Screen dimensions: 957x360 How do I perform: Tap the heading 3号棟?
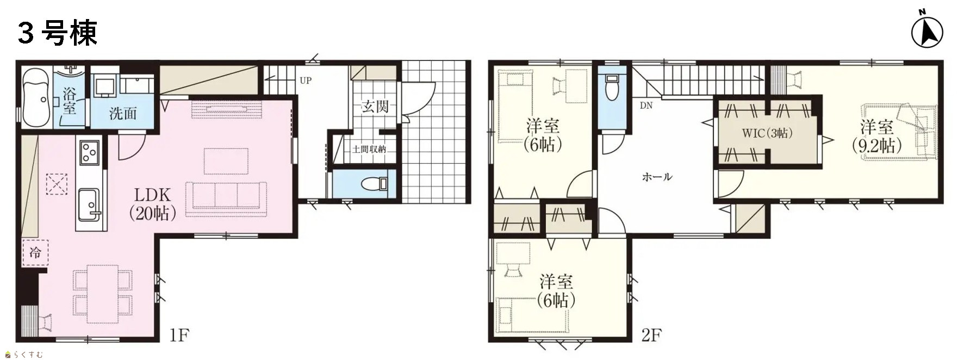58,33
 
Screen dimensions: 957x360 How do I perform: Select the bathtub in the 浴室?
36,97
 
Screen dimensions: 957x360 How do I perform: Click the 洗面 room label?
123,113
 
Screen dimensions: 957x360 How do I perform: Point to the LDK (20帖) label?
153,204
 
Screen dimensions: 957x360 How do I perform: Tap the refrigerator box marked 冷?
35,252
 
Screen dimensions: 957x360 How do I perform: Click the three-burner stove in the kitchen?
89,152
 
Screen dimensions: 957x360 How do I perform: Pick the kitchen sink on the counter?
89,203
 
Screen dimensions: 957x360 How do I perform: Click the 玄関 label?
375,106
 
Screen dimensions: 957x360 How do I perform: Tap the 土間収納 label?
369,149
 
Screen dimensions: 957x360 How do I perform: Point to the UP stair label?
306,80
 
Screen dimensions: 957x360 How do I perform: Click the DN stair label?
646,105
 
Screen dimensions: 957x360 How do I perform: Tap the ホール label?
657,177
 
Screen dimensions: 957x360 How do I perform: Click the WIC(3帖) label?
767,133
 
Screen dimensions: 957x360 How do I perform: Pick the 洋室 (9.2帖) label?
876,136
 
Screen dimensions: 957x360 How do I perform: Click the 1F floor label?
179,334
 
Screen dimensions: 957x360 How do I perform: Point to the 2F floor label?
651,334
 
